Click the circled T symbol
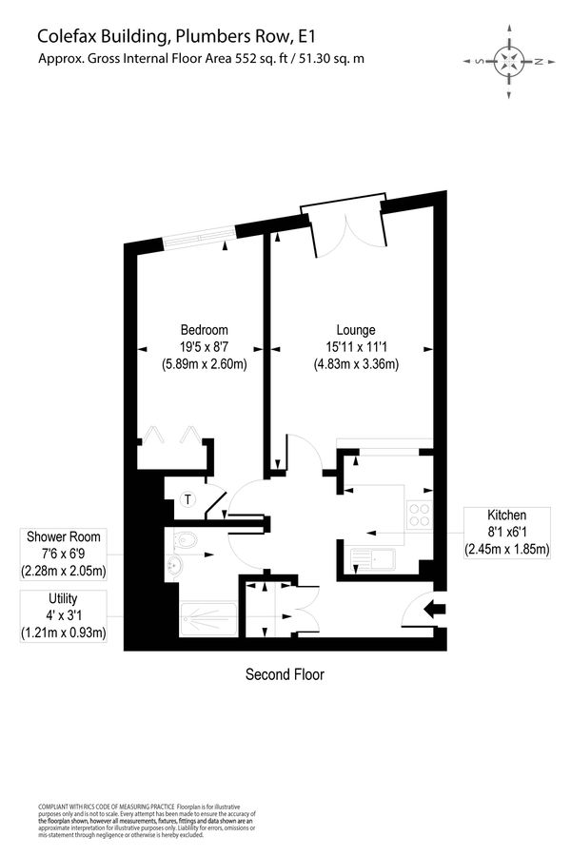pyautogui.click(x=187, y=499)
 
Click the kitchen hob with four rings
pyautogui.click(x=419, y=516)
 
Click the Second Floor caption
pyautogui.click(x=285, y=675)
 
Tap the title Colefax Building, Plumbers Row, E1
pyautogui.click(x=175, y=36)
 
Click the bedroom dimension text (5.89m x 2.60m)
pyautogui.click(x=205, y=363)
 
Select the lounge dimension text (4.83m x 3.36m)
pyautogui.click(x=355, y=363)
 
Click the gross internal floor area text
pyautogui.click(x=200, y=59)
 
